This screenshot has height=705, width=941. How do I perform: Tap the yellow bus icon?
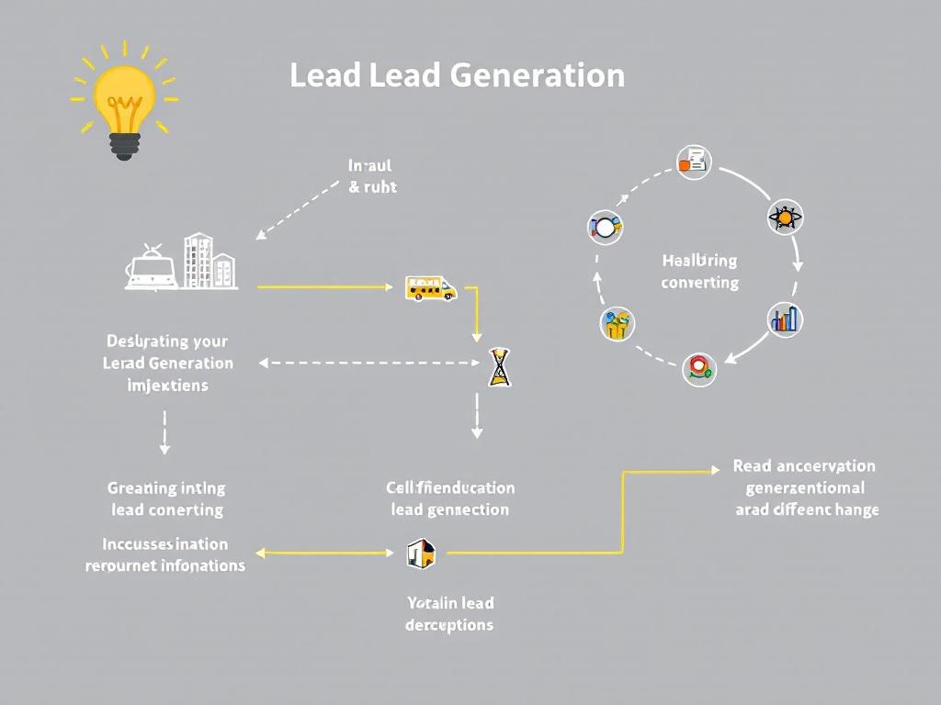click(431, 289)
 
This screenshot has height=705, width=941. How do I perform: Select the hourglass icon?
click(499, 366)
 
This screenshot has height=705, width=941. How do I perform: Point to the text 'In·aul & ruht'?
click(372, 176)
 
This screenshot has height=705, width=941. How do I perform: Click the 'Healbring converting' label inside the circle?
click(699, 272)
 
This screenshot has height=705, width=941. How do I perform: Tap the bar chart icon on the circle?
click(785, 319)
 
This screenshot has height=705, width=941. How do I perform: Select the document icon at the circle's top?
click(694, 162)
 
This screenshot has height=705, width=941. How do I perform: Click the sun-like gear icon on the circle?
click(785, 218)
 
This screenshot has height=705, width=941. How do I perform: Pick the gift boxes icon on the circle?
click(618, 324)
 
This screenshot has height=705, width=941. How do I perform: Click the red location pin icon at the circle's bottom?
click(699, 368)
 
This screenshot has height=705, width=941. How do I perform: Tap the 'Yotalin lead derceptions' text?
click(449, 614)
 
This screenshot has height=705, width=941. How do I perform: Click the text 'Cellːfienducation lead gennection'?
click(450, 498)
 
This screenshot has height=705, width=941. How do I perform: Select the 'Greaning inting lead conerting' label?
click(166, 498)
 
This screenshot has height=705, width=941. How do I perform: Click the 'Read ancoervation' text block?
click(806, 487)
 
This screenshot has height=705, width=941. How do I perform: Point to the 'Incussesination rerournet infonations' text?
click(165, 554)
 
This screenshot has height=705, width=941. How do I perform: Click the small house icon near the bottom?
click(420, 553)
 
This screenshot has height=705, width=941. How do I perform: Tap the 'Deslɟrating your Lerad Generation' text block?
click(167, 363)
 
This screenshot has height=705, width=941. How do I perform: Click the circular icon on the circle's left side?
click(605, 226)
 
